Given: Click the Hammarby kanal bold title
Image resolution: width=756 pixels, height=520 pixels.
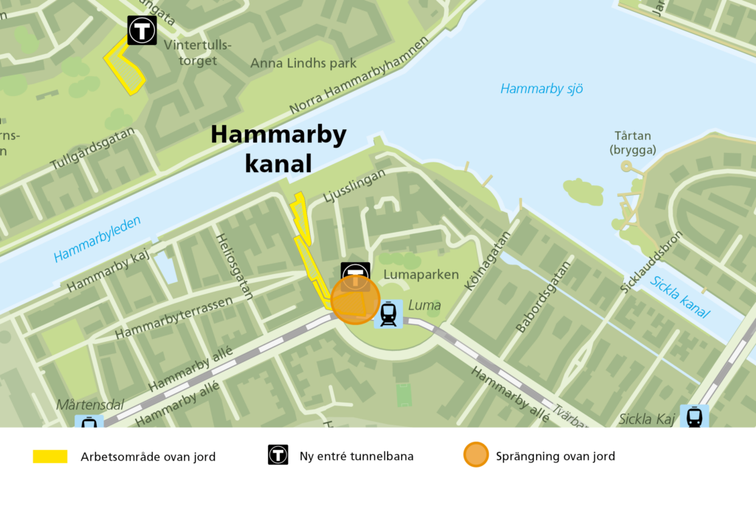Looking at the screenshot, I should [278, 148].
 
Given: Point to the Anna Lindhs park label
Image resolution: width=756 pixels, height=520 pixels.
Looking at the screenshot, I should [303, 64].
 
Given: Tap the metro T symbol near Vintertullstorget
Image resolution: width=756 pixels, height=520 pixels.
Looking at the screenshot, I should [141, 30].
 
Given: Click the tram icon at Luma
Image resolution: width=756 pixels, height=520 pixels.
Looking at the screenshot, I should [388, 314].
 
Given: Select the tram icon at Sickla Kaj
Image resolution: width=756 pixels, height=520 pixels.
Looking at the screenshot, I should [694, 417].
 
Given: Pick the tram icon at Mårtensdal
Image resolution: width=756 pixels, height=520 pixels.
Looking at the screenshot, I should [89, 423].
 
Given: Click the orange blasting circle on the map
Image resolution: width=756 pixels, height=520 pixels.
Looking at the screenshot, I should [355, 300].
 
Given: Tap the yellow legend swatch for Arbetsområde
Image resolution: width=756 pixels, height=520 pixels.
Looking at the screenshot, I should [50, 456].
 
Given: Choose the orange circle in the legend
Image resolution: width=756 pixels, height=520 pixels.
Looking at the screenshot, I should [475, 455].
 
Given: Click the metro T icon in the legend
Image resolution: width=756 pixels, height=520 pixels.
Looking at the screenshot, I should [278, 455].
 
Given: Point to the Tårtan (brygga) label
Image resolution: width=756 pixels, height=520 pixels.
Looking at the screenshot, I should [633, 143].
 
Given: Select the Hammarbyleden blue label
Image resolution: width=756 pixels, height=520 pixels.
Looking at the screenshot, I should [97, 239].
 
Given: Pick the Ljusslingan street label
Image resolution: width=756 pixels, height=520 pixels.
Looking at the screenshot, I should [355, 186].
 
